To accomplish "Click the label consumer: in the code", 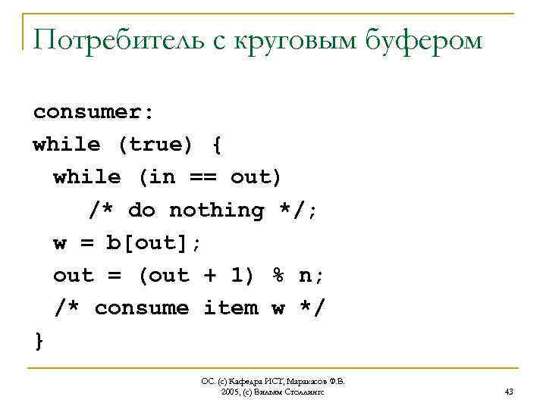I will [93, 112].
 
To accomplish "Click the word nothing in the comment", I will [216, 210].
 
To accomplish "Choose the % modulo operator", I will [278, 275].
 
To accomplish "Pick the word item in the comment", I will [231, 308].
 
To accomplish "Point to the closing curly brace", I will [39, 341].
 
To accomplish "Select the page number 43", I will [508, 392].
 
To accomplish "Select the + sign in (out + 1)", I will [210, 275].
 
